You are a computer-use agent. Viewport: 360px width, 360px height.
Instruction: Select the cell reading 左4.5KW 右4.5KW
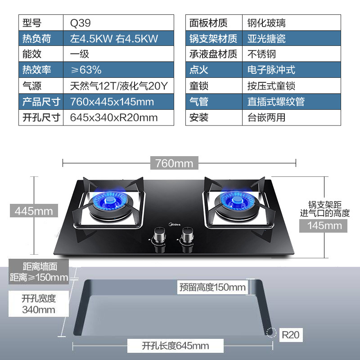113,39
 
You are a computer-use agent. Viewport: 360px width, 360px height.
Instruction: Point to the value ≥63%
85,70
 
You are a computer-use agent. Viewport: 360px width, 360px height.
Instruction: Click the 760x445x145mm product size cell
112,102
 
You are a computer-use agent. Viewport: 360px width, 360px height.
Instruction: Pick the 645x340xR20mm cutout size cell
114,118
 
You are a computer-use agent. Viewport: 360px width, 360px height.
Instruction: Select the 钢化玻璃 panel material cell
266,22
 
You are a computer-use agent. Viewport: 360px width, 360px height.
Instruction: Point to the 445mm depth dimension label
34,210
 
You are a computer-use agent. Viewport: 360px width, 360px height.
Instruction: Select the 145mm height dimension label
325,225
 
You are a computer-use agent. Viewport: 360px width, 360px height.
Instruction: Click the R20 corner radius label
290,335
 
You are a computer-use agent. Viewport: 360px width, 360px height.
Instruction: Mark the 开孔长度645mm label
175,346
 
